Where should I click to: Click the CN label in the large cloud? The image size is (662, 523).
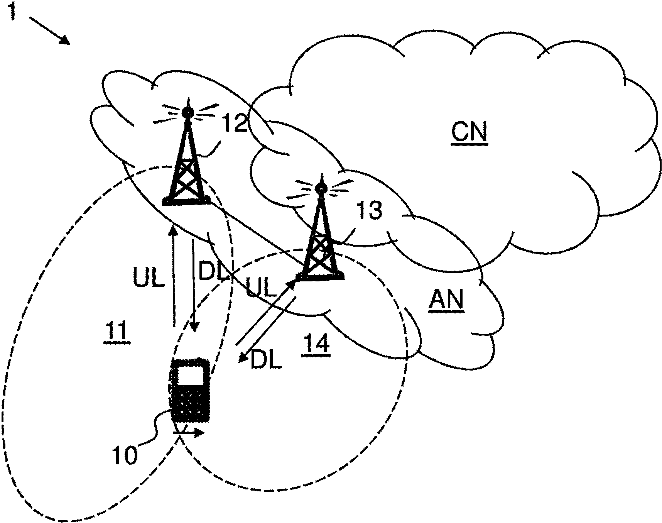pyautogui.click(x=469, y=132)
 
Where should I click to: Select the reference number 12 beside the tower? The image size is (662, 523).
pyautogui.click(x=235, y=123)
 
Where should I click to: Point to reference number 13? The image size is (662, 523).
pyautogui.click(x=369, y=210)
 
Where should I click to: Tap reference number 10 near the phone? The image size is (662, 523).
pyautogui.click(x=124, y=455)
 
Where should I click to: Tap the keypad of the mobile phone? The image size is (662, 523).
pyautogui.click(x=191, y=403)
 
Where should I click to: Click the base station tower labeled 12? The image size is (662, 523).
pyautogui.click(x=187, y=162)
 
